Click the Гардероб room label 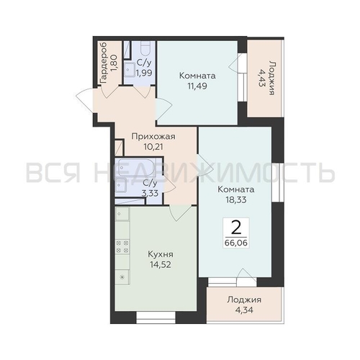104,63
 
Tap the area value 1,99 144,73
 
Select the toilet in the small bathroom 145,49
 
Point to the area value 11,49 197,86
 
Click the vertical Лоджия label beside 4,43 271,78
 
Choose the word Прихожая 153,137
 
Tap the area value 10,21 153,146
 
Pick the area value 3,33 150,193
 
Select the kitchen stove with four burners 122,247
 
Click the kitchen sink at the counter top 122,214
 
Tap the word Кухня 161,254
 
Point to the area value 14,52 161,264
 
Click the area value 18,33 236,199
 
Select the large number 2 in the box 236,228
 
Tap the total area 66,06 236,243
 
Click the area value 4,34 244,310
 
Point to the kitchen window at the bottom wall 156,317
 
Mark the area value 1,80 114,63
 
